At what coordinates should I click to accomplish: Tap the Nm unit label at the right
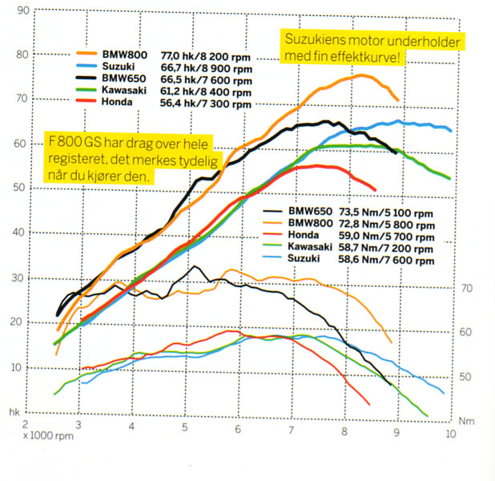tap(466, 420)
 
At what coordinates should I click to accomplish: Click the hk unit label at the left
tap(14, 410)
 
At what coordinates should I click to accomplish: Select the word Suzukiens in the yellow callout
tap(312, 41)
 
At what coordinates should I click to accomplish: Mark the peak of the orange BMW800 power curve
tap(361, 75)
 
